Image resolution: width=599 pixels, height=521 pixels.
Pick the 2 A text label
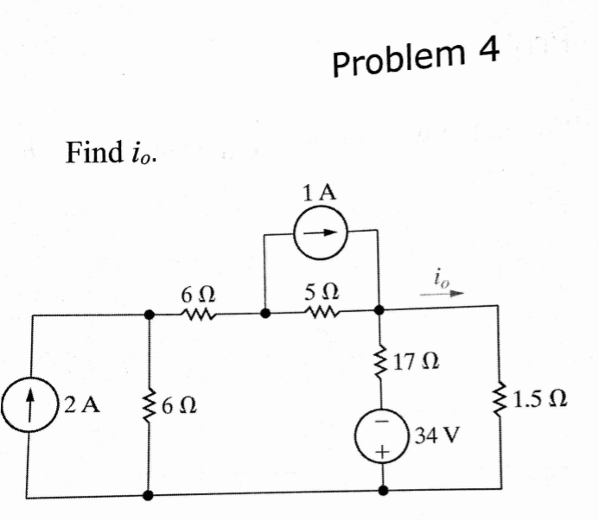82,404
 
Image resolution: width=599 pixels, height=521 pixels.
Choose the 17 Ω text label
415,357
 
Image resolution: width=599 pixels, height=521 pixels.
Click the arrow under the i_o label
442,293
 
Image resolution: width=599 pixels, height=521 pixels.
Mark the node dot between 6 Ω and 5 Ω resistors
264,315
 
